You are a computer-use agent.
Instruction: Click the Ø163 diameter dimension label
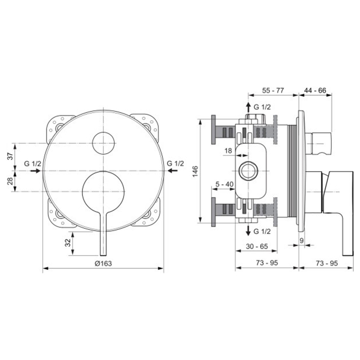click(x=103, y=263)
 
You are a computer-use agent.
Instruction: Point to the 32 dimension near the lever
click(x=68, y=243)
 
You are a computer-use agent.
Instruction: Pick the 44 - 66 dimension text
click(x=316, y=89)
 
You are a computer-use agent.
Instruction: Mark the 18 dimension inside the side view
click(x=228, y=151)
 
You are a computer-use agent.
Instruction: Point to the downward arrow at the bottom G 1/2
click(x=248, y=230)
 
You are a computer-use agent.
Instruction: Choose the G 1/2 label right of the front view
click(x=175, y=164)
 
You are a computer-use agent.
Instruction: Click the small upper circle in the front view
click(x=103, y=142)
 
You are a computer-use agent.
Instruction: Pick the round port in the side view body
click(x=248, y=170)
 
